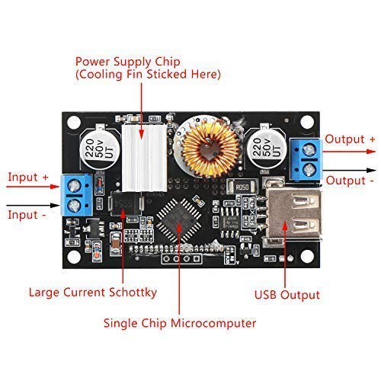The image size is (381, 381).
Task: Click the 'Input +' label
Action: (x=28, y=177)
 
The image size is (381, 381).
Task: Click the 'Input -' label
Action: (x=27, y=214)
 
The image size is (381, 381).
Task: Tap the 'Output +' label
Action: (x=350, y=139)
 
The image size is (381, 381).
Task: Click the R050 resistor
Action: (x=242, y=187)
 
